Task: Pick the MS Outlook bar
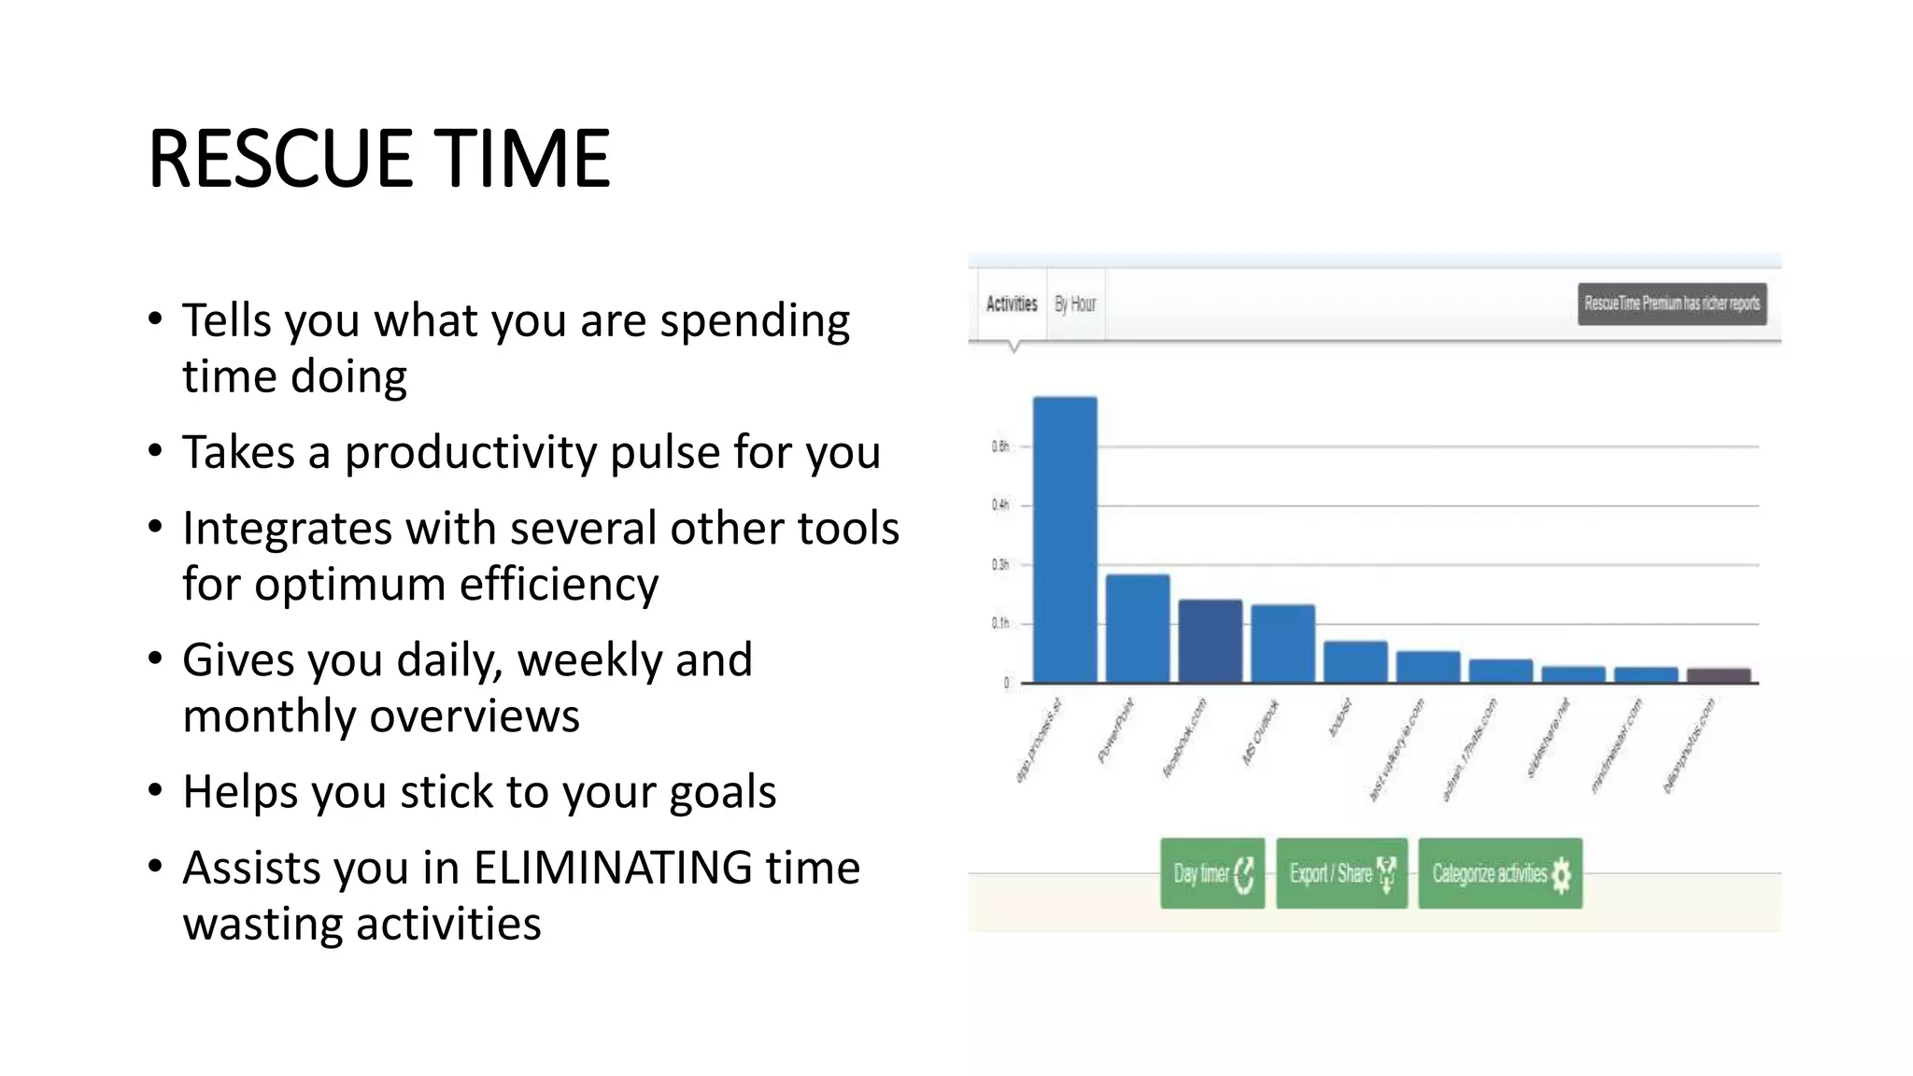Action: pyautogui.click(x=1282, y=644)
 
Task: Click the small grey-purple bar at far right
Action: pyautogui.click(x=1719, y=675)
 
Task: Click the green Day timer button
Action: pyautogui.click(x=1212, y=873)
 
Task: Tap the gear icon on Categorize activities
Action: pyautogui.click(x=1562, y=875)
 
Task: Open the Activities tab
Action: pyautogui.click(x=1012, y=304)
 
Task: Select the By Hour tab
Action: pyautogui.click(x=1075, y=304)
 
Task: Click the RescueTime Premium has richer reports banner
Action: pyautogui.click(x=1672, y=304)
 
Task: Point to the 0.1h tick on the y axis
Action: pyautogui.click(x=1000, y=623)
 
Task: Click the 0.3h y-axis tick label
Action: pyautogui.click(x=1000, y=564)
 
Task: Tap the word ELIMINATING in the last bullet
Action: pyautogui.click(x=612, y=867)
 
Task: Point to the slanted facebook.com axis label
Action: pyautogui.click(x=1184, y=738)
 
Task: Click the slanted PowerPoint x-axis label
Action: pyautogui.click(x=1115, y=730)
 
